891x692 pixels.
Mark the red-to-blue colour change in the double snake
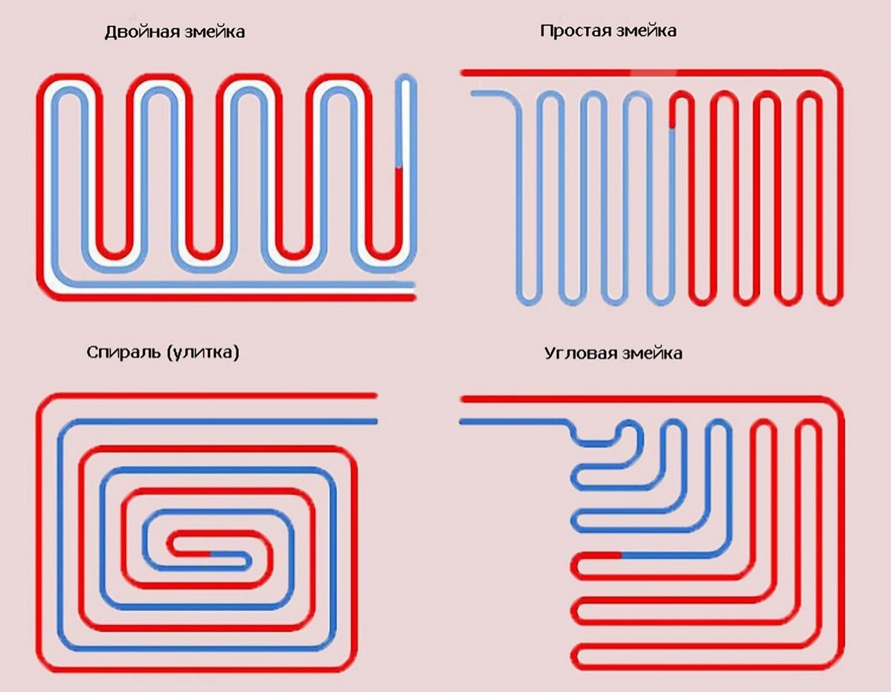(x=399, y=168)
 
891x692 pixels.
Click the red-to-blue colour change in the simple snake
(x=672, y=129)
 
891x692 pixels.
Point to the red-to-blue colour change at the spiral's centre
(x=211, y=554)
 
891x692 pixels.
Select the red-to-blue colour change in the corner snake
(x=621, y=554)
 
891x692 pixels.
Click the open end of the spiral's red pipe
(x=376, y=395)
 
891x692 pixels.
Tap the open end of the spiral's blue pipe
(x=376, y=421)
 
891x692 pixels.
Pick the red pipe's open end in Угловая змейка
(x=462, y=399)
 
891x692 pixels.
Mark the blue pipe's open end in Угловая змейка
(x=462, y=422)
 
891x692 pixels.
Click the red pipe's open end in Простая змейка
(x=463, y=72)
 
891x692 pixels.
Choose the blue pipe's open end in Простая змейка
(x=473, y=94)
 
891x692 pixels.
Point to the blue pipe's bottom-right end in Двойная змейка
(x=413, y=284)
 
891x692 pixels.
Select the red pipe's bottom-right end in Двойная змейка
(x=413, y=297)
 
